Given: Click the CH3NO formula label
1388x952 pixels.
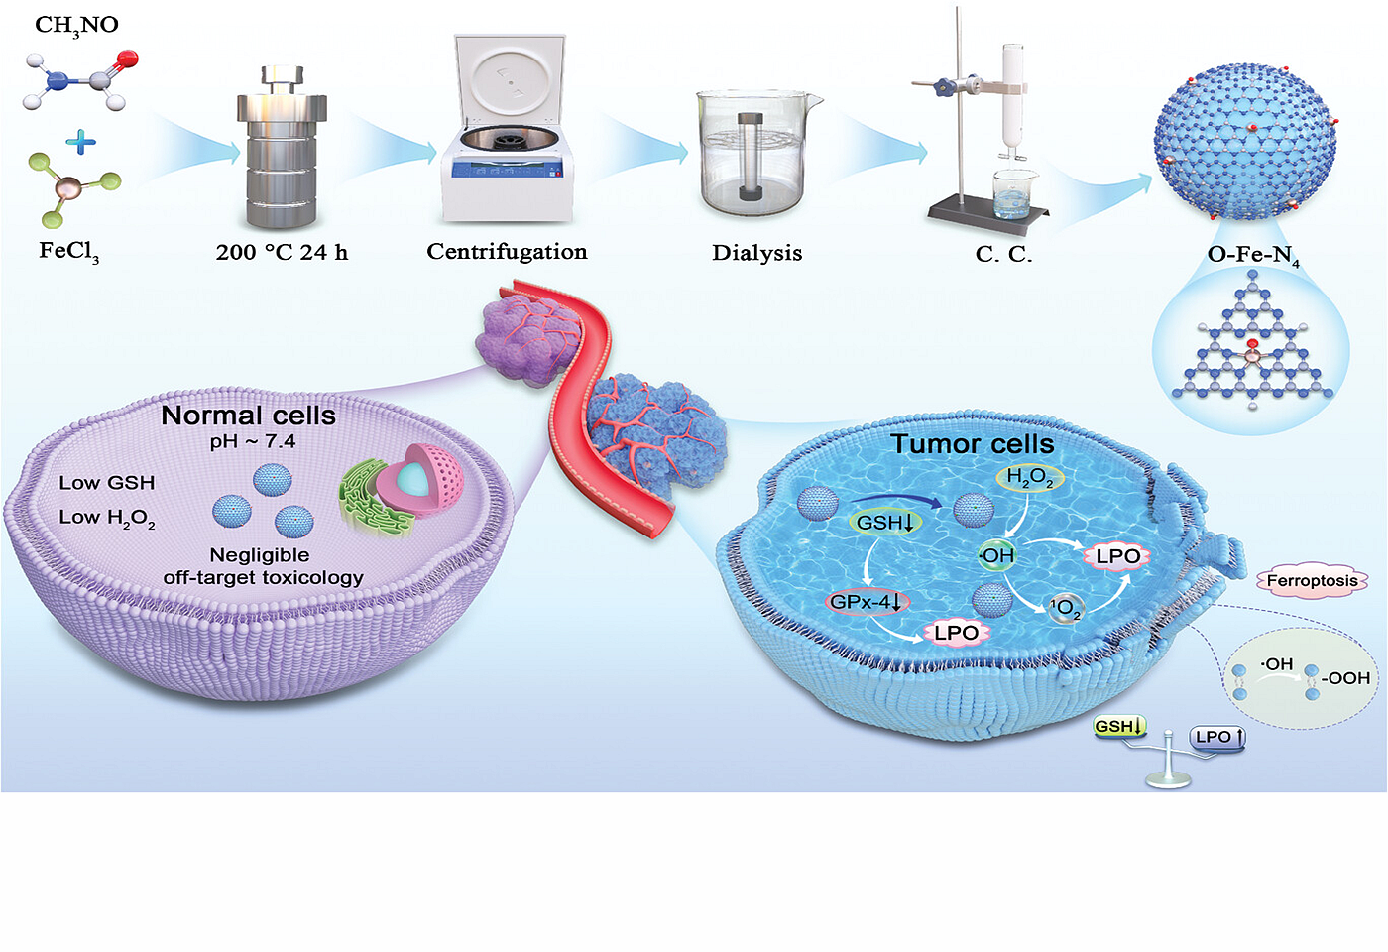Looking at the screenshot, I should (76, 25).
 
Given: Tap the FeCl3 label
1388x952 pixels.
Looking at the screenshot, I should (68, 251).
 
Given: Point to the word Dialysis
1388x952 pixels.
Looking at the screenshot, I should (756, 253).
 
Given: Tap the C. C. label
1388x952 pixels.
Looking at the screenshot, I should (1003, 254).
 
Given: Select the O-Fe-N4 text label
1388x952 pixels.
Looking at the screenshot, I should (1252, 255).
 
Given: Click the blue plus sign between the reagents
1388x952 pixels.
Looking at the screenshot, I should (80, 143).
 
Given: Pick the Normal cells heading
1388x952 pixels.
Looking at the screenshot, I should (248, 416).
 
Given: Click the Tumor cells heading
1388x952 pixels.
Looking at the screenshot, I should (972, 443).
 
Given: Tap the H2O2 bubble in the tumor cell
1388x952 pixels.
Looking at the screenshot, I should (1029, 478).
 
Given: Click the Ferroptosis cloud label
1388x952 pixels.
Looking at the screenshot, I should (1312, 580).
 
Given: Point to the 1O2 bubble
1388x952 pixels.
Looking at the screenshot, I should (1066, 607).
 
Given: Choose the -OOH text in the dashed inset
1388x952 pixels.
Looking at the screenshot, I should (1345, 678).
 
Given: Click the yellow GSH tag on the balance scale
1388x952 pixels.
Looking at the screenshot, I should (1118, 727).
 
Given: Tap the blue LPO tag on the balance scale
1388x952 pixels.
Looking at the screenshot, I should (1216, 736).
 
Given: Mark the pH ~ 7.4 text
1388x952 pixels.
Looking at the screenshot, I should (252, 441).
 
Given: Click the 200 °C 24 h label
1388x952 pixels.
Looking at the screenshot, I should (282, 253).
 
